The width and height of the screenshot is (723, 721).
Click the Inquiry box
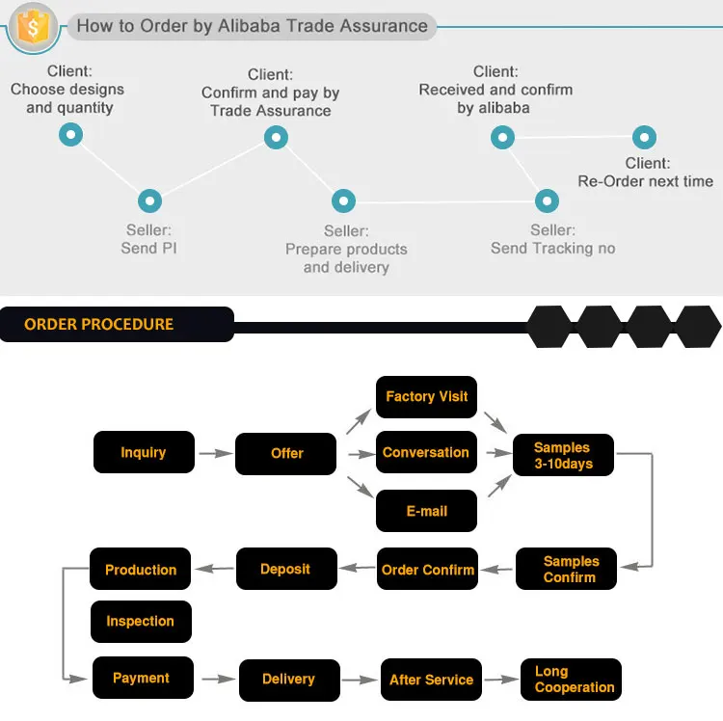coord(144,452)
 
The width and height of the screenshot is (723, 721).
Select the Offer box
coord(286,453)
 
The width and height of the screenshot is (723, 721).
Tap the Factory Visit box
coord(426,396)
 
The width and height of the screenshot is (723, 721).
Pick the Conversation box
coord(426,452)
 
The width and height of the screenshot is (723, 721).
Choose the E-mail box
coord(426,511)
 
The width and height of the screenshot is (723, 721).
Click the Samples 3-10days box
coord(563,455)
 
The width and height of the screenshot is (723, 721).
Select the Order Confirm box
coord(427,570)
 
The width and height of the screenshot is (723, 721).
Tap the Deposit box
coord(286,569)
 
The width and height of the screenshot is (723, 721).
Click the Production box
coord(141,570)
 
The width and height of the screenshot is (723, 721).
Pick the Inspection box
coord(141,622)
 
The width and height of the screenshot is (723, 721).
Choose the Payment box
coord(142,678)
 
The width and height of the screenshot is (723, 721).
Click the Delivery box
coord(288,679)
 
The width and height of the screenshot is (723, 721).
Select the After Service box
coord(430,680)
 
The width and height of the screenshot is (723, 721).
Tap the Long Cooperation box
coord(571,680)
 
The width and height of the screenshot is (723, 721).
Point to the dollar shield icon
coord(32,27)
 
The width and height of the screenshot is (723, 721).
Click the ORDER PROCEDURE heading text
coord(99,324)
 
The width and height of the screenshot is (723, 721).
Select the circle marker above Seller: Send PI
coord(148,200)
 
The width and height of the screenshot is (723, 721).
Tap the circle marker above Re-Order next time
coord(644,137)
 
